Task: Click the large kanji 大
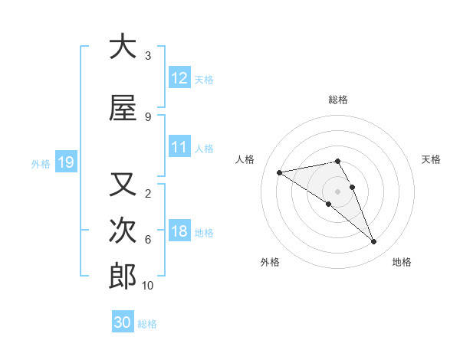point(123,47)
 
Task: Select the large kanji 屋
point(123,109)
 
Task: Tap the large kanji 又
point(123,185)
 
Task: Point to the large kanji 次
point(123,231)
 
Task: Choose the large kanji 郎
point(123,277)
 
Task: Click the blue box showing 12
point(179,78)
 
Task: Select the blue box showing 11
point(179,147)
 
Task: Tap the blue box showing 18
point(179,231)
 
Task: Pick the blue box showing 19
point(65,162)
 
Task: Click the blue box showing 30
point(122,322)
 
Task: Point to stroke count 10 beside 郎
point(147,286)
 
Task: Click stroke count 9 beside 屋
point(147,117)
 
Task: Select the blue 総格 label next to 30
point(147,324)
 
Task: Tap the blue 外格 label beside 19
point(41,163)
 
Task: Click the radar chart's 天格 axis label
point(431,159)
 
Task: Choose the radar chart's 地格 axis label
point(402,262)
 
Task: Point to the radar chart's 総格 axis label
point(338,100)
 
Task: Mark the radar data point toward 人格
point(280,172)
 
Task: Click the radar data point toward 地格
point(374,242)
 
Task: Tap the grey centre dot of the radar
point(338,191)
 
